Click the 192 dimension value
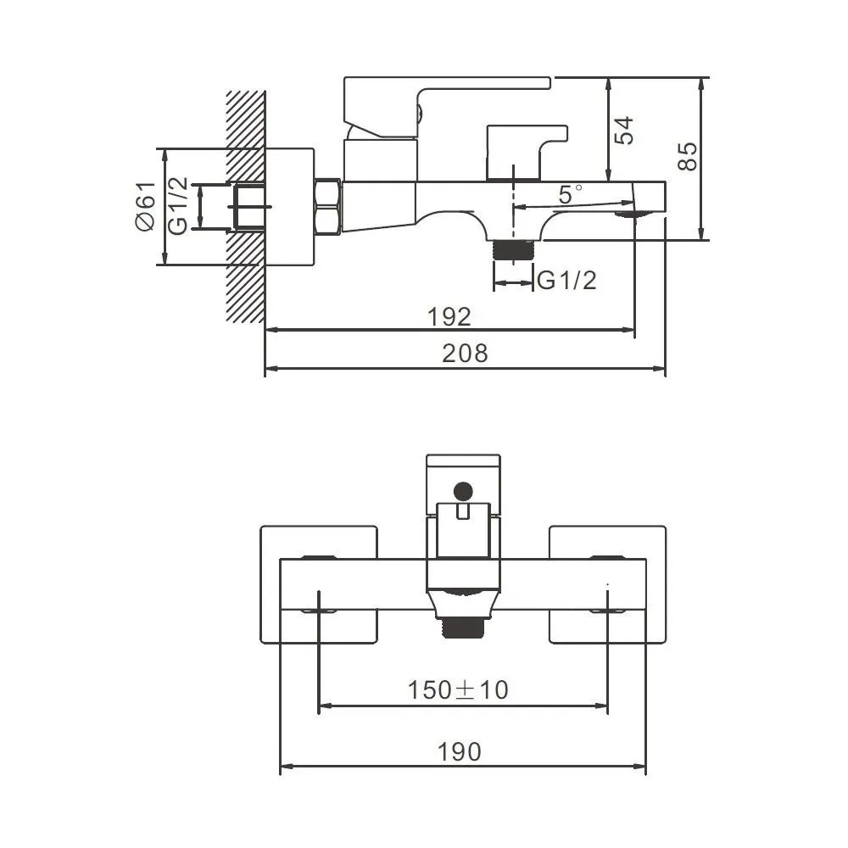[x=449, y=316]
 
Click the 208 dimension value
[x=465, y=353]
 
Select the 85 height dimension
[x=688, y=156]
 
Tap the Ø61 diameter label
[x=145, y=206]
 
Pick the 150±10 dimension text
[x=458, y=689]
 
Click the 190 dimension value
[x=459, y=751]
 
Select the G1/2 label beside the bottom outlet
[x=566, y=280]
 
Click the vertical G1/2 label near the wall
[x=178, y=205]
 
